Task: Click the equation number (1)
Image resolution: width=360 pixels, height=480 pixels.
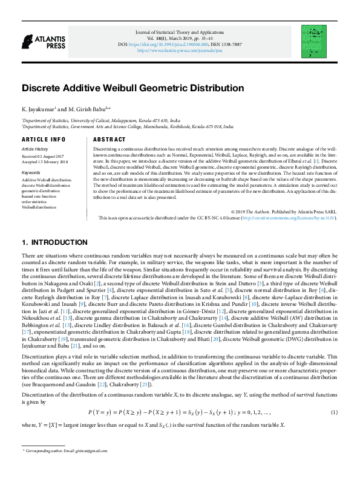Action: [334, 412]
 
